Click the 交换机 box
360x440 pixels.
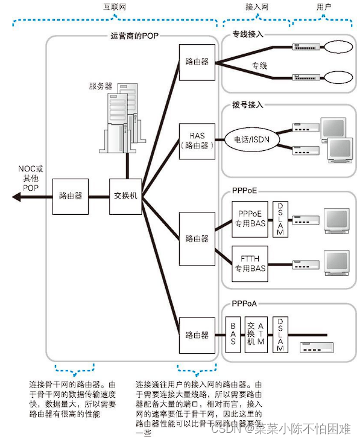(126, 196)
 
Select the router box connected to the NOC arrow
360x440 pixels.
(71, 196)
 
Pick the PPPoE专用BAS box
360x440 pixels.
(250, 218)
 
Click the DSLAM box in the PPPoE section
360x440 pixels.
(280, 218)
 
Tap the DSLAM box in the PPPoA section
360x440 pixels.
(280, 335)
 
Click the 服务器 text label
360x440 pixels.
(100, 86)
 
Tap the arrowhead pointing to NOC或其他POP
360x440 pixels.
(15, 197)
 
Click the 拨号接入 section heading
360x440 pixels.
(248, 104)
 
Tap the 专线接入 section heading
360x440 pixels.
(248, 36)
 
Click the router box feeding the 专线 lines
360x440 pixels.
(197, 62)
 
